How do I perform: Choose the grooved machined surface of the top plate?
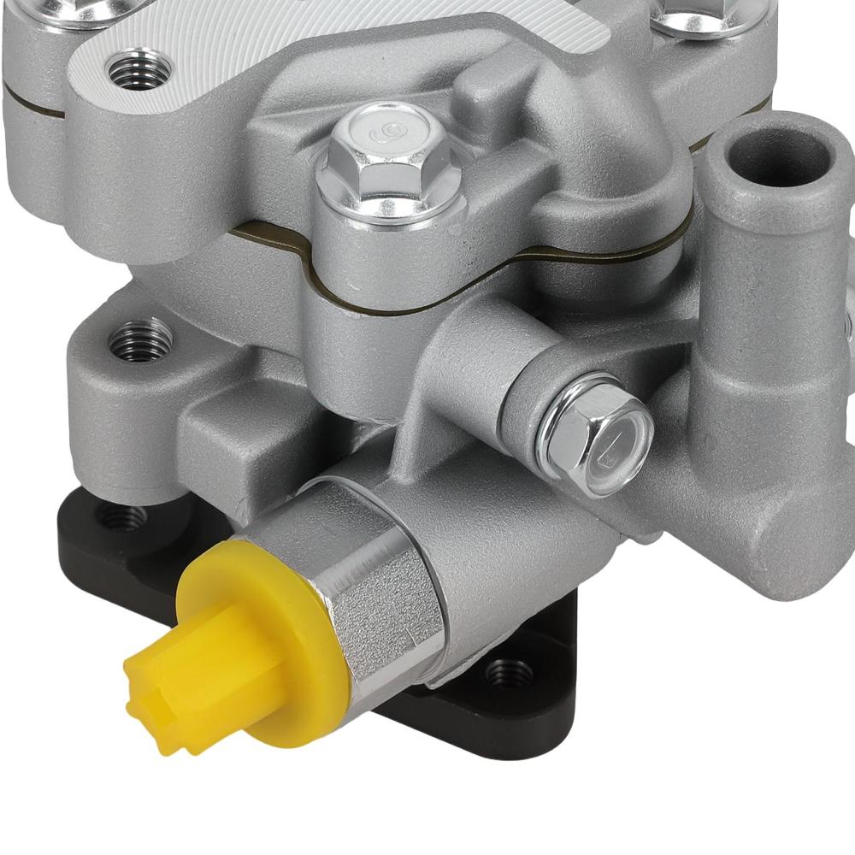[359, 43]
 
